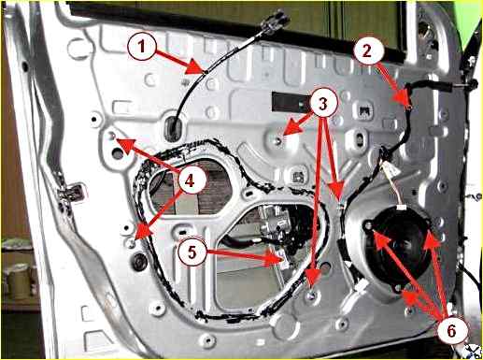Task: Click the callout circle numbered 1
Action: pos(142,47)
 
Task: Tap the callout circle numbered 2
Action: pos(367,50)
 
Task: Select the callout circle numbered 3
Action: pos(323,104)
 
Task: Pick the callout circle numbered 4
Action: pos(190,180)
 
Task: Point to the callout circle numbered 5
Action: pos(192,252)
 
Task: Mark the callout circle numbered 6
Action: pos(451,330)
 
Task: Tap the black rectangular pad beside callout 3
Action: pos(291,102)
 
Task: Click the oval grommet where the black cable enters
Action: pos(174,128)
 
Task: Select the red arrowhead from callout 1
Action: pos(195,68)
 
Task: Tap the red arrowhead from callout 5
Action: pos(274,258)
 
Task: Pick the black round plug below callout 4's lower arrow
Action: pos(139,260)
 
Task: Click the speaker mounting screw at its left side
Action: pos(368,225)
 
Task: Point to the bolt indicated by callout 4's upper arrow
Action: pos(113,136)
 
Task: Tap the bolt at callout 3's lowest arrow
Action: pos(311,294)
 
